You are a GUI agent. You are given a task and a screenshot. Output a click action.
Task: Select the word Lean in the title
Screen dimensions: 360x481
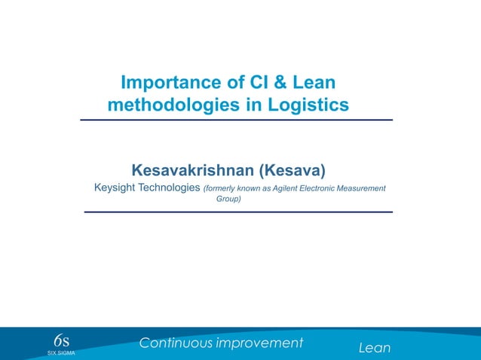click(x=311, y=82)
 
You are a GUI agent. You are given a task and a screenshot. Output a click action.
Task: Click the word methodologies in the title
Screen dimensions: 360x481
click(x=173, y=105)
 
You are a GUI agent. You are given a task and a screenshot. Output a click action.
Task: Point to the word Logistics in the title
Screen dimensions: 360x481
click(x=307, y=105)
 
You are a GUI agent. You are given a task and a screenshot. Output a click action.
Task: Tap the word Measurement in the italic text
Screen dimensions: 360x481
click(x=363, y=188)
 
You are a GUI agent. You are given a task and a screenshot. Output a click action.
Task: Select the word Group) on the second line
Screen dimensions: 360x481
click(x=228, y=200)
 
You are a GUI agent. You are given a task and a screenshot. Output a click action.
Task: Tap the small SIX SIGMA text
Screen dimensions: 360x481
click(x=61, y=352)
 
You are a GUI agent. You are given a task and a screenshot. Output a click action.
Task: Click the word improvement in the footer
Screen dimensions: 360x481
click(x=259, y=343)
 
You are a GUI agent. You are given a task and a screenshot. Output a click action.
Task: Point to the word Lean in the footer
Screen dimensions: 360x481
click(x=375, y=348)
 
